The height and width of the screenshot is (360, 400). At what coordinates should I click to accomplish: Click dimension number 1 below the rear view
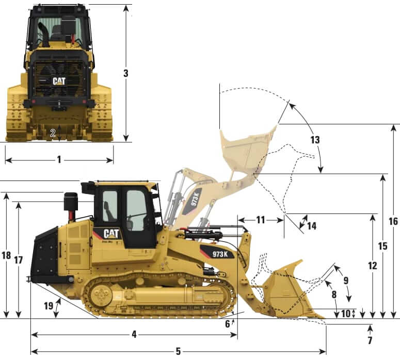pyautogui.click(x=59, y=160)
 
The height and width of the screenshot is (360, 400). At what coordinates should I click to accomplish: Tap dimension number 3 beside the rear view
pyautogui.click(x=125, y=73)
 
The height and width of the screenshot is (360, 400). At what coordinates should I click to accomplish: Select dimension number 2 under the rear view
pyautogui.click(x=53, y=132)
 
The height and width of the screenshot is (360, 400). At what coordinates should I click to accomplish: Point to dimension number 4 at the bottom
pyautogui.click(x=134, y=334)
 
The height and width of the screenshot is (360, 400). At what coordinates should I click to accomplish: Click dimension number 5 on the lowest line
pyautogui.click(x=178, y=352)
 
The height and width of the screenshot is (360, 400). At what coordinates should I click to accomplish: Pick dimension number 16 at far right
pyautogui.click(x=393, y=221)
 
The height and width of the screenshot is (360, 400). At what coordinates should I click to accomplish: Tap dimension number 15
pyautogui.click(x=382, y=247)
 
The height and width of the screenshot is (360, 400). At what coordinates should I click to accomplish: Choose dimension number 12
pyautogui.click(x=373, y=266)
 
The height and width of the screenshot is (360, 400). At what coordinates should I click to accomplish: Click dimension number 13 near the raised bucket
pyautogui.click(x=315, y=140)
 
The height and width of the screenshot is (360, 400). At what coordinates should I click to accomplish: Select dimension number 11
pyautogui.click(x=261, y=220)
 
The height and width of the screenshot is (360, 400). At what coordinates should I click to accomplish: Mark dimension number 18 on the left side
pyautogui.click(x=6, y=255)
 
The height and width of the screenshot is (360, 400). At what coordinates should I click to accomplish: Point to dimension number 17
pyautogui.click(x=19, y=260)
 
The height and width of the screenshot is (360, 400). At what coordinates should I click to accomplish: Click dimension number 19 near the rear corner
pyautogui.click(x=49, y=305)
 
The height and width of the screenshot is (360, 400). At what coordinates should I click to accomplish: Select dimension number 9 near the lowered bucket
pyautogui.click(x=346, y=280)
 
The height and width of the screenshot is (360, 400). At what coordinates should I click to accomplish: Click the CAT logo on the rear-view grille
pyautogui.click(x=59, y=81)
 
